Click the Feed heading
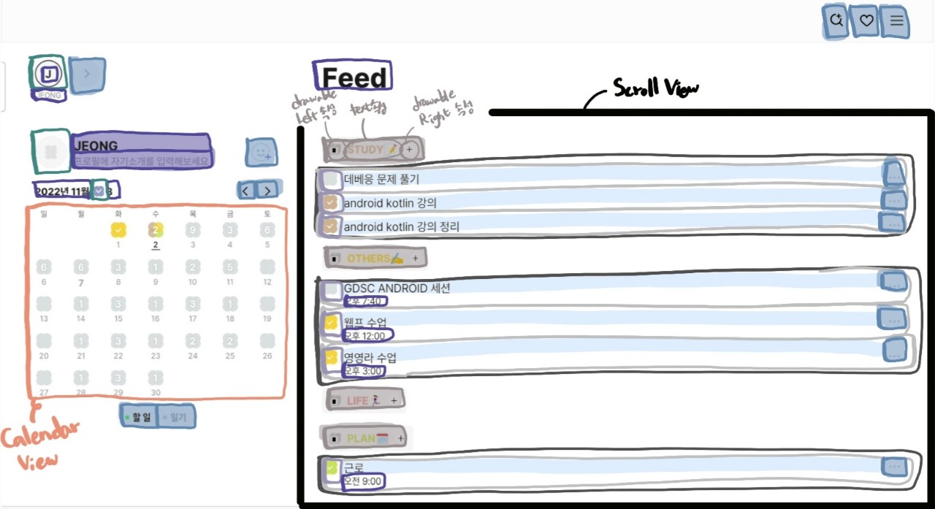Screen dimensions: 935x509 pos(354,77)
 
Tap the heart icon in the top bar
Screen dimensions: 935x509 pos(866,21)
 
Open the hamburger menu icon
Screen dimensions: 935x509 pos(896,21)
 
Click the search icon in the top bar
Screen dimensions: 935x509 pos(836,21)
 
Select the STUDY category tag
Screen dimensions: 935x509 pos(365,150)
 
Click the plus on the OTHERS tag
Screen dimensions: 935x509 pos(415,258)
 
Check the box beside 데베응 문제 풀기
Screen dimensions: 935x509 pos(332,179)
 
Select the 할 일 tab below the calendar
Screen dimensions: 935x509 pos(140,417)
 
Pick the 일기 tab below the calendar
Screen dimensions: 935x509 pos(178,417)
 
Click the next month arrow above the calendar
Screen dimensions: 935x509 pos(268,191)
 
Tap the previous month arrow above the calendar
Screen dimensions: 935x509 pos(247,191)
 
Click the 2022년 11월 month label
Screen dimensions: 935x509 pos(62,191)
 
